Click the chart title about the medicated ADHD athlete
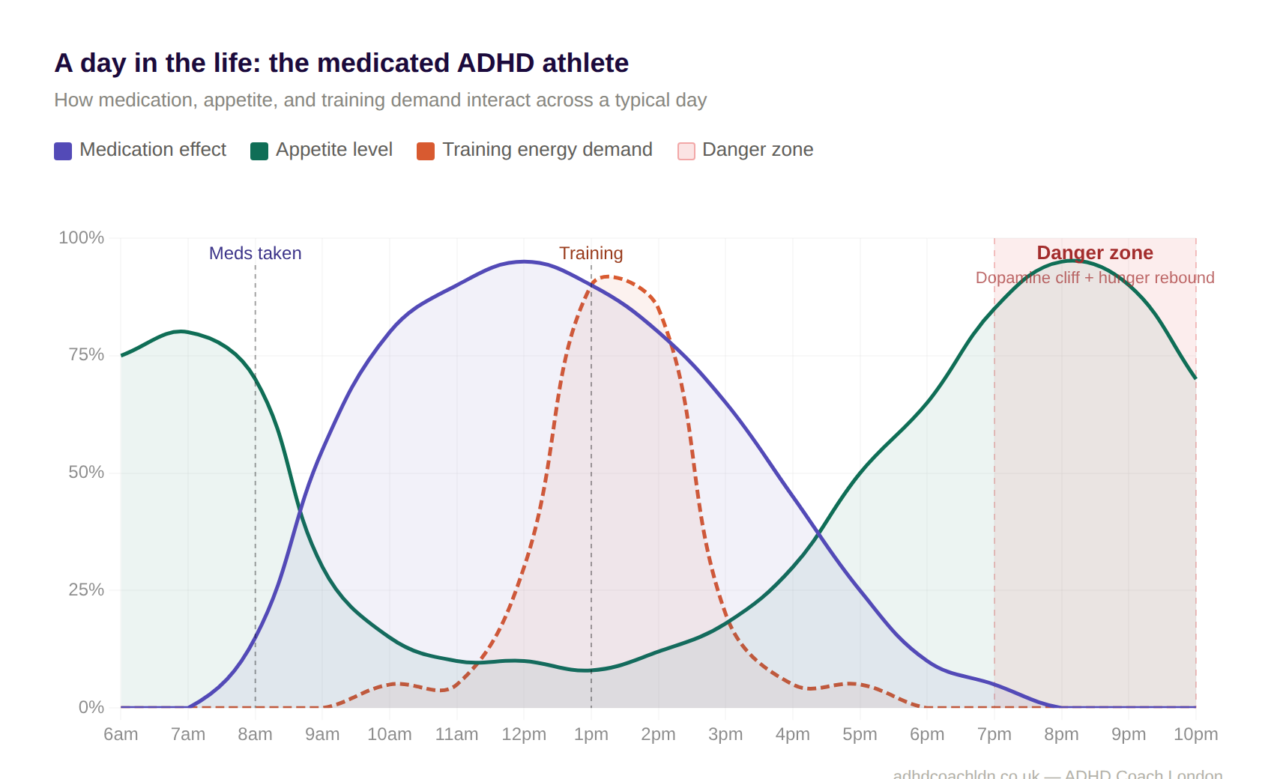pos(341,63)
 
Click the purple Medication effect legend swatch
pos(63,151)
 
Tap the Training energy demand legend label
pos(547,150)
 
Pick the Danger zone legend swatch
pos(686,151)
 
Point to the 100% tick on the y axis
pos(81,237)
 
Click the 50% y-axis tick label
pos(85,472)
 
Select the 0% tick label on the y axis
pos(91,707)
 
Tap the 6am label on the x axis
pos(121,734)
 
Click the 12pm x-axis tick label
pos(524,734)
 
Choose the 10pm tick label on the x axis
pos(1195,734)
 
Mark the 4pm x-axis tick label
pos(792,734)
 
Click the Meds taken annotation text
pos(255,253)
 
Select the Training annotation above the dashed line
pos(591,253)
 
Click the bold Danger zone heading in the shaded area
pos(1094,252)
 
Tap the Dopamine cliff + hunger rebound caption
pos(1094,278)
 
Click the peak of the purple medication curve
pos(524,261)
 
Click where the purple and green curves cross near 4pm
pos(818,533)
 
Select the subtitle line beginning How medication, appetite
pos(380,100)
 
